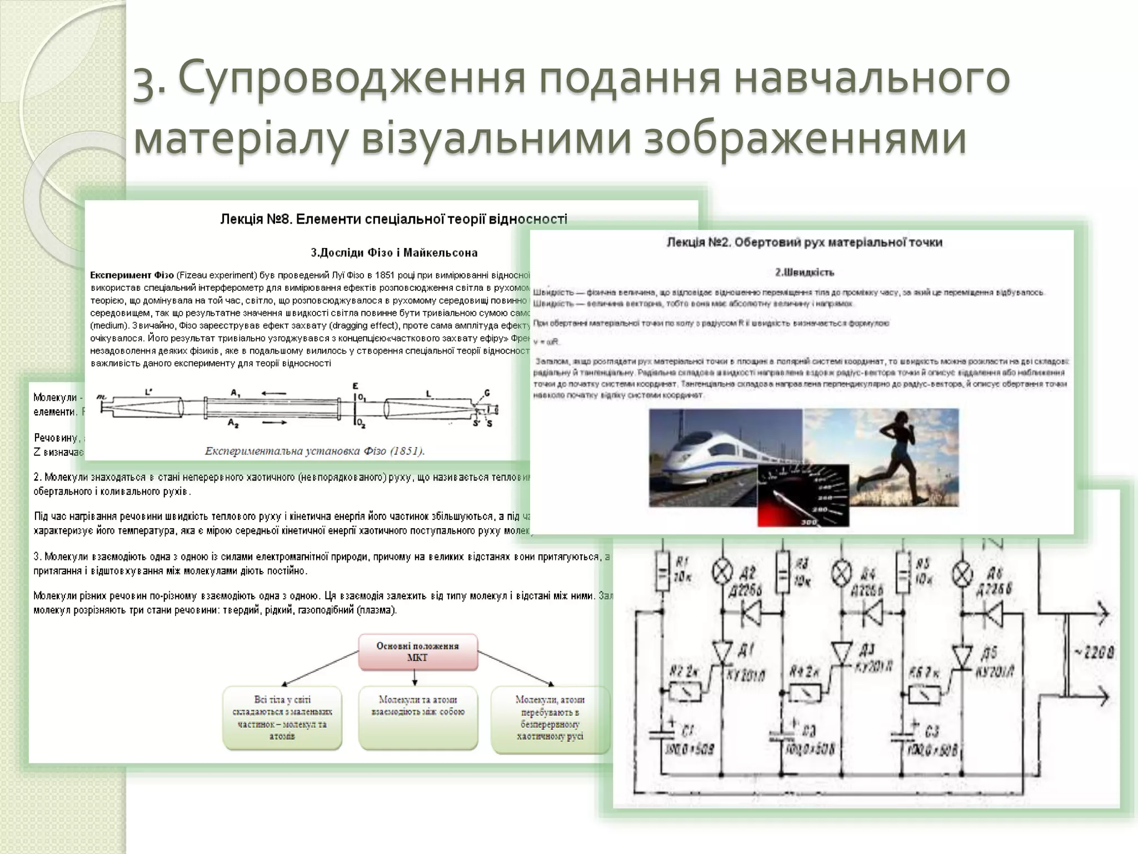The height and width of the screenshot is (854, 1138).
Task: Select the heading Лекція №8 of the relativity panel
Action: click(393, 219)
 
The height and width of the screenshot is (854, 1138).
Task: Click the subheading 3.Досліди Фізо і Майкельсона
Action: click(393, 253)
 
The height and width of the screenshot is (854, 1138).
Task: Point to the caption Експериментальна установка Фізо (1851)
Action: click(314, 451)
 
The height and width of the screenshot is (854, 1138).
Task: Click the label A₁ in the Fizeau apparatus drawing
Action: click(236, 393)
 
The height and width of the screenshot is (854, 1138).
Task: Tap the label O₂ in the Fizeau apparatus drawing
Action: click(362, 424)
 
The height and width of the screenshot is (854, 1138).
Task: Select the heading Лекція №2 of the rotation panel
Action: click(805, 242)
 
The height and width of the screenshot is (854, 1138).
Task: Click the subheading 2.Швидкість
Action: click(805, 272)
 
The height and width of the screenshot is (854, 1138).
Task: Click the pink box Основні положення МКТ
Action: click(418, 652)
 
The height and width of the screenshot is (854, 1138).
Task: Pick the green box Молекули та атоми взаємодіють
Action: click(418, 717)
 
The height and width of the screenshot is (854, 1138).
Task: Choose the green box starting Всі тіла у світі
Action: click(282, 718)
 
